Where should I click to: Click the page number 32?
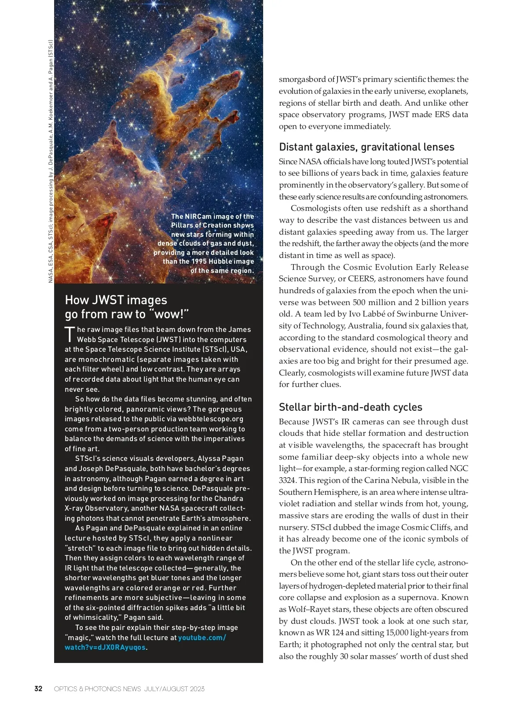tap(38, 689)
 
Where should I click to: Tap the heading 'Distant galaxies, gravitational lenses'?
tap(367, 147)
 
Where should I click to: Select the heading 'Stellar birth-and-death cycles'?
tap(350, 407)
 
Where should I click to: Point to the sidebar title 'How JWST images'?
tap(116, 300)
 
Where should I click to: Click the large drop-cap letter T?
tap(70, 335)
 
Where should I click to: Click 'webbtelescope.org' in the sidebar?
tap(211, 419)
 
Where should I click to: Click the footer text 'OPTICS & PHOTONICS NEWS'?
tap(97, 689)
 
